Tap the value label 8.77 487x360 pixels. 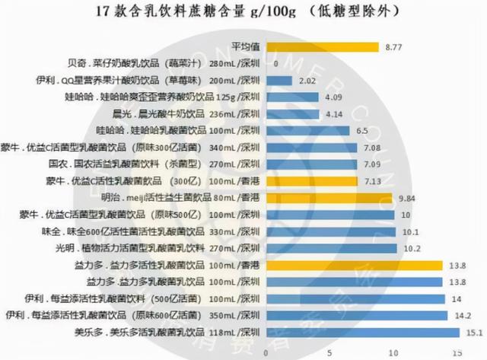[393, 47]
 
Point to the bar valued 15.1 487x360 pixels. [362, 332]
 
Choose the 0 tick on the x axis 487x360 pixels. [265, 352]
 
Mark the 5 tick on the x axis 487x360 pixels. [329, 352]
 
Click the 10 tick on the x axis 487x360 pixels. [393, 352]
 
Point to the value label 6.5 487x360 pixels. [362, 131]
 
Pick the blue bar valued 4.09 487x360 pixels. [291, 97]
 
